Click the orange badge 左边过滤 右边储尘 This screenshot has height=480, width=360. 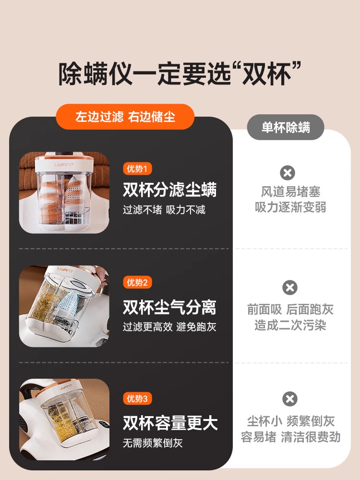tap(125, 117)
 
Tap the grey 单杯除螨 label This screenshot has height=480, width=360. tap(286, 127)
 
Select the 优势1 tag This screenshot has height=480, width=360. tap(137, 168)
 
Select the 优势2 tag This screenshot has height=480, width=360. tap(137, 282)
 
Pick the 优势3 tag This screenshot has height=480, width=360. tap(137, 398)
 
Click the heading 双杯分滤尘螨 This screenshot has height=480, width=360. tap(170, 190)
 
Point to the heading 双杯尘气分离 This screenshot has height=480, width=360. tap(170, 307)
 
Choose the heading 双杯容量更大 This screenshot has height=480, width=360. tap(170, 423)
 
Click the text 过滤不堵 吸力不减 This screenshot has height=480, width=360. tap(164, 210)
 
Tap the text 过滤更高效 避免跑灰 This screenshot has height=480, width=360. tap(169, 327)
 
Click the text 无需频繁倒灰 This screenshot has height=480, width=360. tap(153, 443)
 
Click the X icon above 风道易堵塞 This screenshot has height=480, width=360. tap(288, 173)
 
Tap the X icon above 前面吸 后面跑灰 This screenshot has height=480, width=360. tap(290, 288)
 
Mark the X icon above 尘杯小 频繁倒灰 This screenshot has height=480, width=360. tap(290, 399)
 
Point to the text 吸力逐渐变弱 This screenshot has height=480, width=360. tap(290, 208)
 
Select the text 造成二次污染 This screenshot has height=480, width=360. tap(290, 325)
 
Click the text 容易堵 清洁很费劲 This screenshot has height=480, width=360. tap(290, 437)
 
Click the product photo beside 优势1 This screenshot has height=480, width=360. tap(64, 192)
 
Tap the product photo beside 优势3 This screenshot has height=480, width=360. tap(64, 419)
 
